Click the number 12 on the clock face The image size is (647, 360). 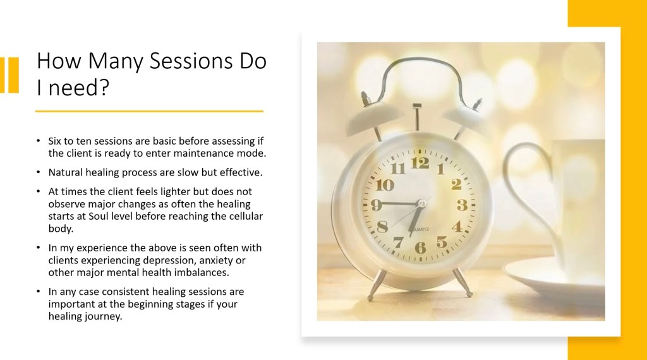coord(420,163)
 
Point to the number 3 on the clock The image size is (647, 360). coord(462,205)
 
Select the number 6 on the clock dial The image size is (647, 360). coord(420,248)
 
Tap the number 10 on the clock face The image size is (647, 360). coord(385,185)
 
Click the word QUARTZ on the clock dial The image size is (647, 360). coord(420,229)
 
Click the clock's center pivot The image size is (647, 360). coord(421,203)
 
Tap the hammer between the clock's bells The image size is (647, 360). coord(417,117)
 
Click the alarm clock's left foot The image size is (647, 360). coord(377,285)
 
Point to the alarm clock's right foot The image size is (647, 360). coord(463,283)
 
